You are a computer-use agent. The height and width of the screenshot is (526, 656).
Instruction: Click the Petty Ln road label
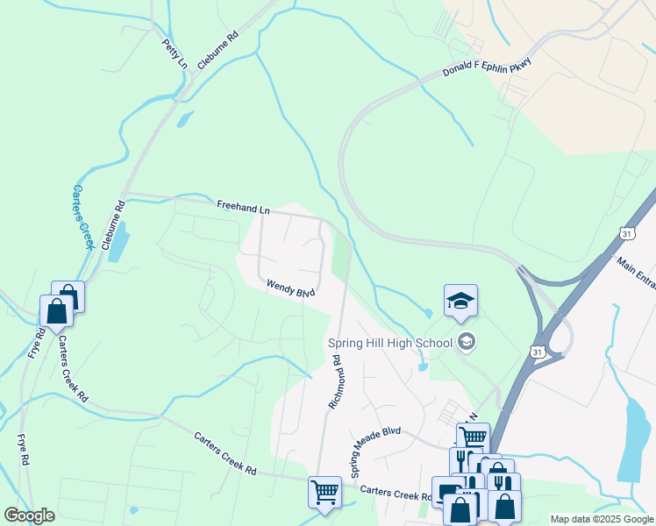pyautogui.click(x=175, y=53)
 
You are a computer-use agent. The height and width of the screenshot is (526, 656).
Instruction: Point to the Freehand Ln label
pyautogui.click(x=243, y=208)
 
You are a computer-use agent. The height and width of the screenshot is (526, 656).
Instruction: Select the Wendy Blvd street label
pyautogui.click(x=290, y=288)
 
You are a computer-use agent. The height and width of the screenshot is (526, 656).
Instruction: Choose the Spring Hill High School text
pyautogui.click(x=389, y=342)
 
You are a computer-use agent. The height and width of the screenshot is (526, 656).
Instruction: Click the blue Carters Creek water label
pyautogui.click(x=82, y=217)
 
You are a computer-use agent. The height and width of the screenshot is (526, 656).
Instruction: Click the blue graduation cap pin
pyautogui.click(x=460, y=302)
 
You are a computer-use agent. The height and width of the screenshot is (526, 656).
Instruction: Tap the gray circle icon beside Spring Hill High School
pyautogui.click(x=467, y=342)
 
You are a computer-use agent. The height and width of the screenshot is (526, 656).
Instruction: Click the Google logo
pyautogui.click(x=29, y=515)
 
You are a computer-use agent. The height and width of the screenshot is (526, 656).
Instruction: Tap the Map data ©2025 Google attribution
pyautogui.click(x=602, y=519)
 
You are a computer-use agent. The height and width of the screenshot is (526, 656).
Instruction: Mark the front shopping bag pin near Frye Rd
pyautogui.click(x=56, y=310)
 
